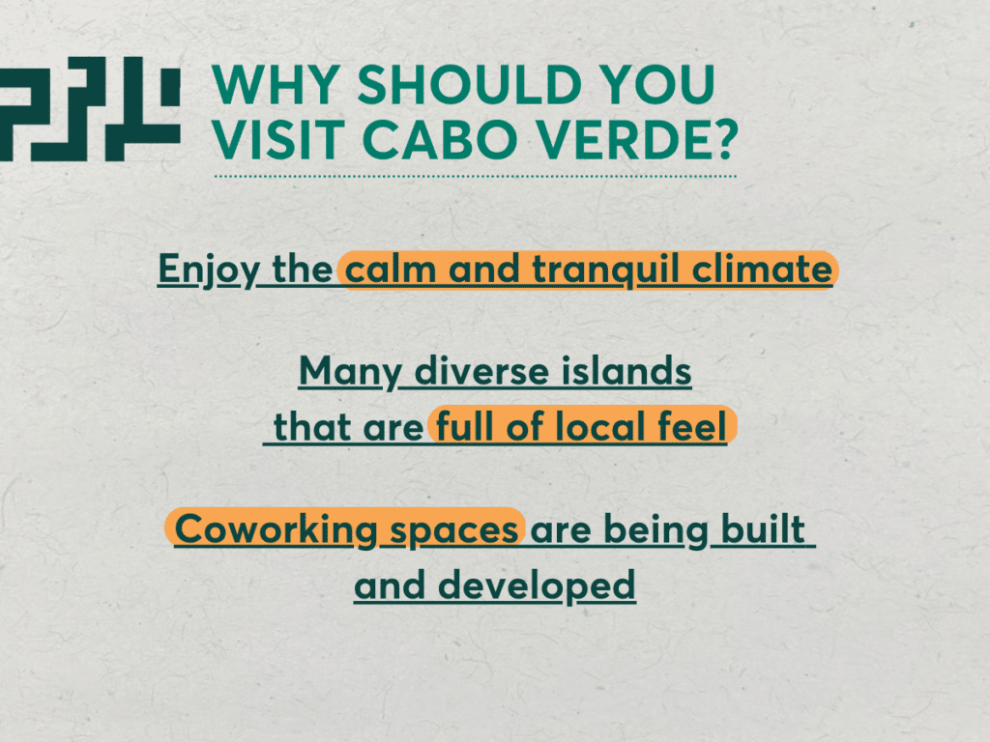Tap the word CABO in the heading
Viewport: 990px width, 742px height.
pyautogui.click(x=440, y=139)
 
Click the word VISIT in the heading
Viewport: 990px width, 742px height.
pyautogui.click(x=278, y=139)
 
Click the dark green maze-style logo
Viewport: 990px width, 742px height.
pyautogui.click(x=90, y=108)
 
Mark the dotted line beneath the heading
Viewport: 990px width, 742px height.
pyautogui.click(x=476, y=176)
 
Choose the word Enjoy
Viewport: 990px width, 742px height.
pyautogui.click(x=209, y=271)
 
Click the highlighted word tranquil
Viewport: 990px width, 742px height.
pyautogui.click(x=605, y=271)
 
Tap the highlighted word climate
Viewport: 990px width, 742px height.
pyautogui.click(x=762, y=270)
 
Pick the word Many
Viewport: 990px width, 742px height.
pyautogui.click(x=350, y=372)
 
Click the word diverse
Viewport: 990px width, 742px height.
pyautogui.click(x=481, y=371)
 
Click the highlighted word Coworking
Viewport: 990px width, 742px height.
pyautogui.click(x=276, y=530)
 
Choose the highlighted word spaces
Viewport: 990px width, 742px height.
pyautogui.click(x=454, y=531)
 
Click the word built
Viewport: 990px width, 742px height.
pyautogui.click(x=763, y=528)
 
